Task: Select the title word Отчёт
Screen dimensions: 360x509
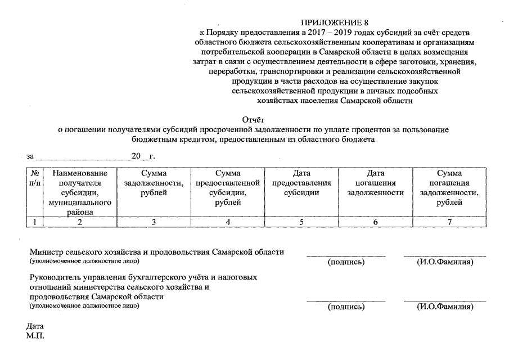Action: (253, 119)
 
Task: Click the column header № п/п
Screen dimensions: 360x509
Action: (34, 178)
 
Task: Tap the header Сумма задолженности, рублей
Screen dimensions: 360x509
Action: (154, 183)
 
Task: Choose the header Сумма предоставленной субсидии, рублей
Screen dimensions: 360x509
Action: (227, 188)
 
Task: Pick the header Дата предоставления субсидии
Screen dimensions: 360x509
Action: (301, 183)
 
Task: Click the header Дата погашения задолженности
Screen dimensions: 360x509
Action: (375, 183)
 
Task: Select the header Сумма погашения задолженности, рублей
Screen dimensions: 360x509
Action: (449, 188)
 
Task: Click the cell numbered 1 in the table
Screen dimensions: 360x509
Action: (34, 222)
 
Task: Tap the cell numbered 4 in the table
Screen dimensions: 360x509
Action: (227, 222)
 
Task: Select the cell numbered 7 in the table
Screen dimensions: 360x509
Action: (449, 222)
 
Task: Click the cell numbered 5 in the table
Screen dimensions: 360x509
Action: (301, 222)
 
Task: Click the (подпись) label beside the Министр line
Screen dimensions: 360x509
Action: (346, 262)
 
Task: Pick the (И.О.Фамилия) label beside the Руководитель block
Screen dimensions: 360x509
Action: (444, 307)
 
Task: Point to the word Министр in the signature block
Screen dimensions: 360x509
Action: (46, 252)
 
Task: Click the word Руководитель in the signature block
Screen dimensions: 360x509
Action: (56, 277)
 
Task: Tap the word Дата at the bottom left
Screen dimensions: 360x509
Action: (35, 326)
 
